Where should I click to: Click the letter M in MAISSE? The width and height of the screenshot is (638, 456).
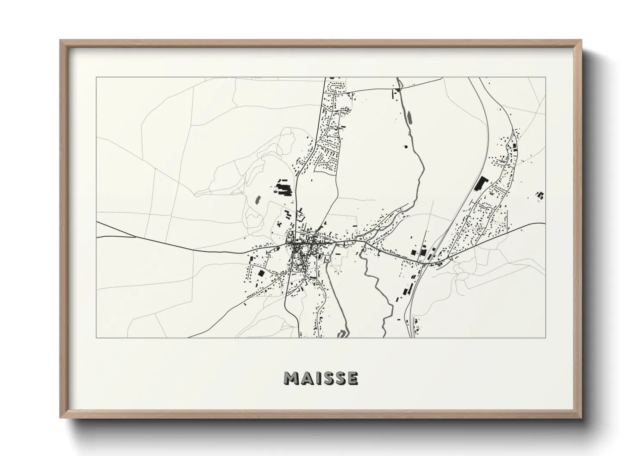coord(292,379)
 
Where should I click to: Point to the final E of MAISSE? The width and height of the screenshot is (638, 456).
coord(353,379)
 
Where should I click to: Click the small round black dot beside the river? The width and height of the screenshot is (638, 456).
coord(405,147)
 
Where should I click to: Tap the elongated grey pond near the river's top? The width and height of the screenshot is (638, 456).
coord(409,117)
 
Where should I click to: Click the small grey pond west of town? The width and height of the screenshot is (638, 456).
coord(258,200)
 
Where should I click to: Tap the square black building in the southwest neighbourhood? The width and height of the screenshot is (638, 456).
coord(260,273)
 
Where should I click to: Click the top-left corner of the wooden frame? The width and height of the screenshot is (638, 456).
coord(60,41)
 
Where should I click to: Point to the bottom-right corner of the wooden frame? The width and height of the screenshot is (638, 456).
coord(582,418)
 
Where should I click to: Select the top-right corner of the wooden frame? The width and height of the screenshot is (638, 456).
coord(582,41)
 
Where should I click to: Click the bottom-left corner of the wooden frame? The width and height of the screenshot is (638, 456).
coord(60,418)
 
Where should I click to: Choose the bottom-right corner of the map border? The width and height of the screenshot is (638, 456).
coord(546,337)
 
